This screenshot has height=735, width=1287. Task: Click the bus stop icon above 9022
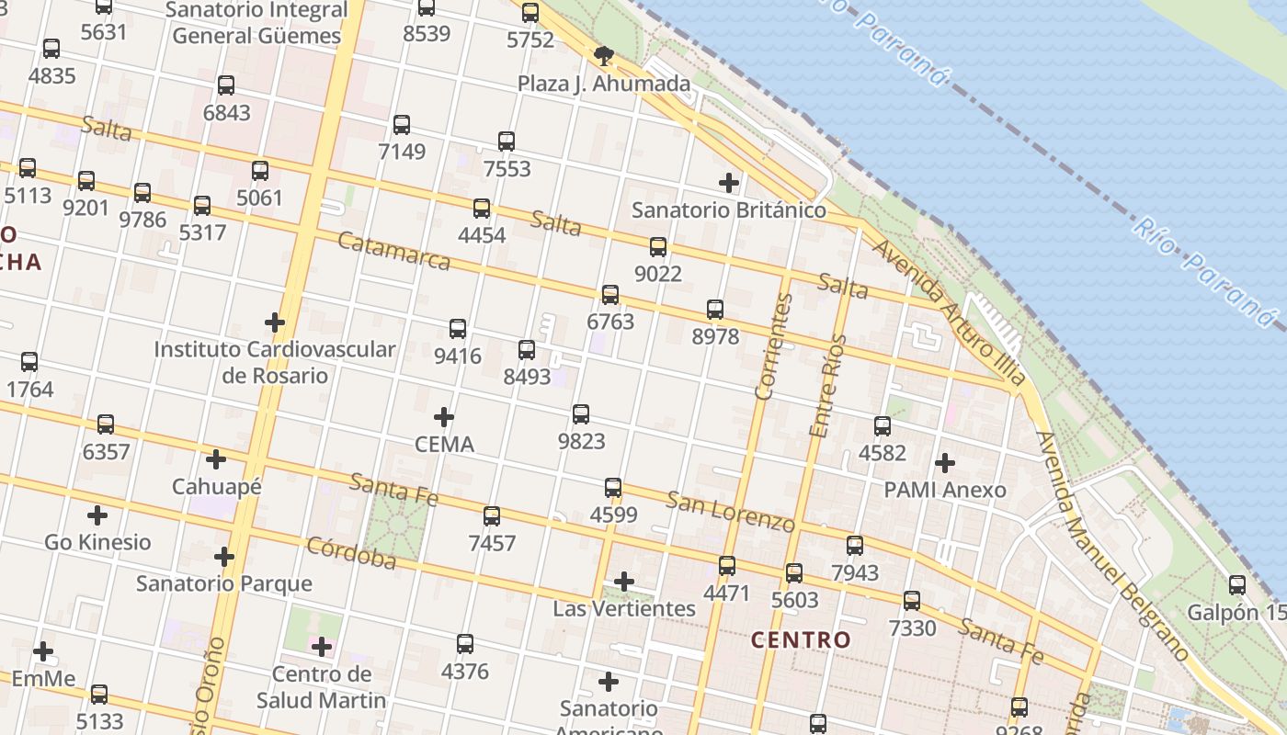658,246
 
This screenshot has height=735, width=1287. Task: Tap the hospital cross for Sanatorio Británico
729,183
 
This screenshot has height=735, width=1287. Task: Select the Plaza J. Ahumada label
603,85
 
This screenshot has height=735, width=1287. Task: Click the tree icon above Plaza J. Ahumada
604,56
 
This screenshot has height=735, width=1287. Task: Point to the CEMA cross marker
444,418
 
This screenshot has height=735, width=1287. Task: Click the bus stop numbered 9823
581,414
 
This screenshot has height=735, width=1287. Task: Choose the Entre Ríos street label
827,386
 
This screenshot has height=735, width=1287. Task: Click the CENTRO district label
801,639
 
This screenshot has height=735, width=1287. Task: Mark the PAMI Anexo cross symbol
945,463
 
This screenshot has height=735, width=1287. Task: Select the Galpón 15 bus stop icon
1237,584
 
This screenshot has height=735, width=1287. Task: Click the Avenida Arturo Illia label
947,311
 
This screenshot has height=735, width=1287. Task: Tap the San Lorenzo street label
730,512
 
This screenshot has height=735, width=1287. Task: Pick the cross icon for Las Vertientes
624,582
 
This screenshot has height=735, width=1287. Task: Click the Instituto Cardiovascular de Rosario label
274,362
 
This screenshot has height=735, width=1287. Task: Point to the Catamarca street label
393,251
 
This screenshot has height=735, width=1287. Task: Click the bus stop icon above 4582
883,425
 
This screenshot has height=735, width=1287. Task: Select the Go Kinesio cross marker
97,515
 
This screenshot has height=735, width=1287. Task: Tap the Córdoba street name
351,552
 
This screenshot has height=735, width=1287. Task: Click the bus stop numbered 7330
912,601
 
